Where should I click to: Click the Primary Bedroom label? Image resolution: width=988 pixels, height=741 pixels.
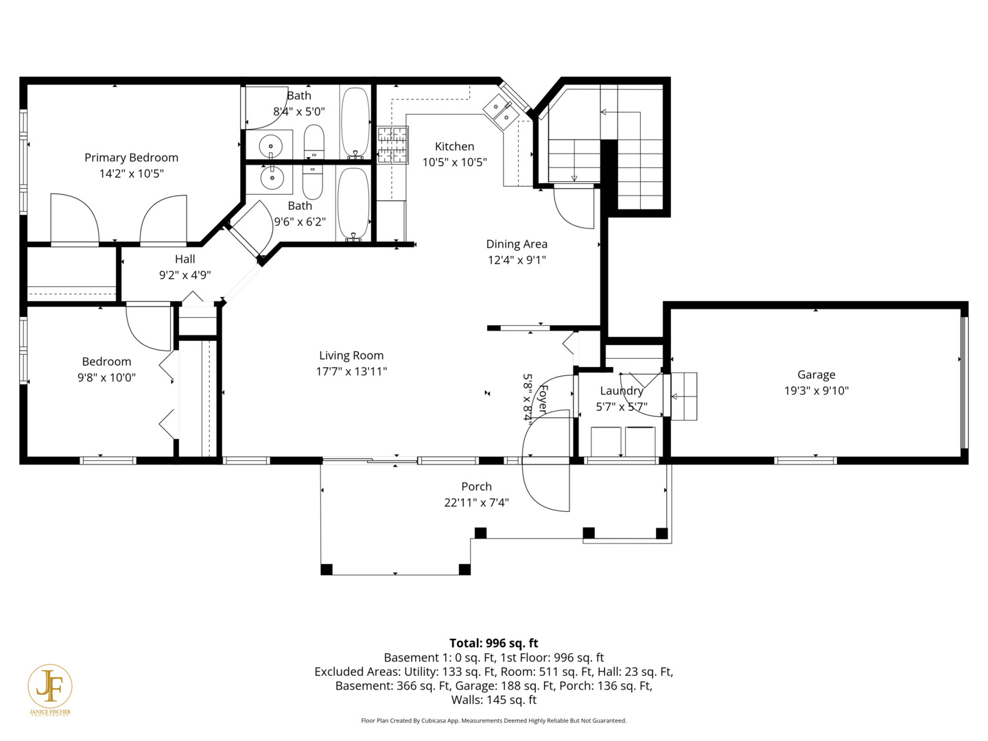click(132, 158)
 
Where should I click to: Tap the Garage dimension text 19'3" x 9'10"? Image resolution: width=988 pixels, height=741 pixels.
click(816, 390)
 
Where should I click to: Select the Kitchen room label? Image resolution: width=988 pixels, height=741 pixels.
click(455, 146)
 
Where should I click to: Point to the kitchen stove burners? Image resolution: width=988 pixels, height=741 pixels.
click(393, 145)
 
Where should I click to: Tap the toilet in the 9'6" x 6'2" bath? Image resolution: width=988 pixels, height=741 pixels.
click(313, 182)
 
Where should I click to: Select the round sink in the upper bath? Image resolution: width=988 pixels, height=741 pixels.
click(271, 145)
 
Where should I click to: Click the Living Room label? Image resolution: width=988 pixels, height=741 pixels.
click(351, 355)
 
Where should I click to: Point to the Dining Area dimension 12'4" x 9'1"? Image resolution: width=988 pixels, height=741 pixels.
click(517, 259)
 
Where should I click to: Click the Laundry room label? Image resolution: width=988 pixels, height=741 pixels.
click(622, 391)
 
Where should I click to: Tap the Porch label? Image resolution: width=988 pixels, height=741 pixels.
click(477, 486)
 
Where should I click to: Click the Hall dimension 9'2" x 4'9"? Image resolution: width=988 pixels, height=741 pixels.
click(185, 275)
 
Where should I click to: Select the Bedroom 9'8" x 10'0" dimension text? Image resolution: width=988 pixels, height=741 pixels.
click(106, 377)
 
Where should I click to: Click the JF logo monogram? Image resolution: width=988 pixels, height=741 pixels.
click(50, 687)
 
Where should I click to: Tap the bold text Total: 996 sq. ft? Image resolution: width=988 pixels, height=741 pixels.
click(494, 643)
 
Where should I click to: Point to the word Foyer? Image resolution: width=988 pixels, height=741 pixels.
click(543, 399)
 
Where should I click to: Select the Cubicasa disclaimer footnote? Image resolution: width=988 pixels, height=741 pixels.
click(494, 720)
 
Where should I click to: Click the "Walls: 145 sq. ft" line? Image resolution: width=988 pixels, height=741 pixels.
click(494, 700)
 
